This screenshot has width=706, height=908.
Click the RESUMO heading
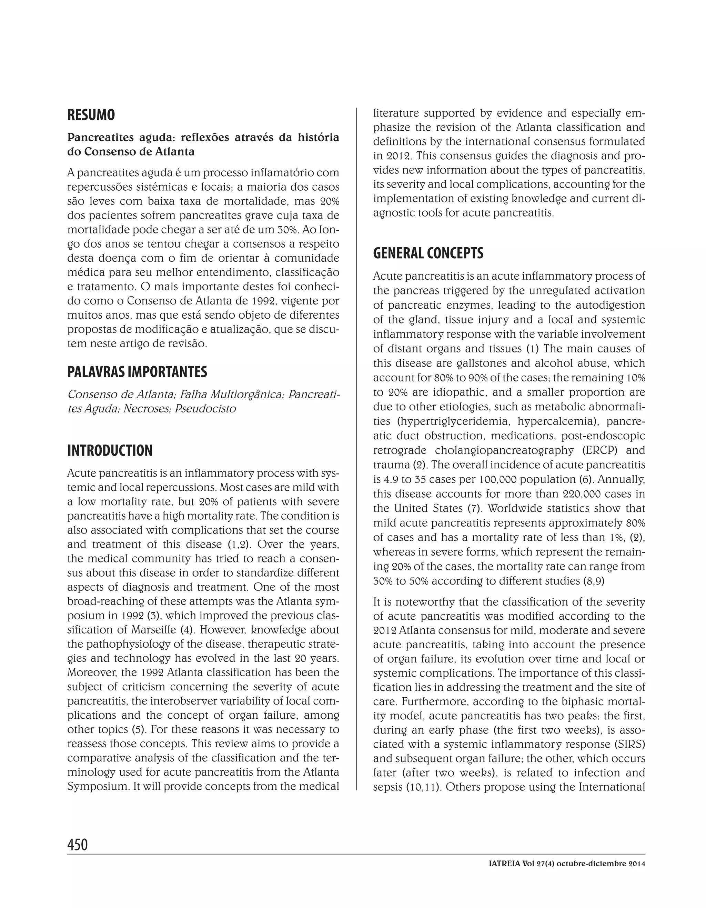pyautogui.click(x=91, y=115)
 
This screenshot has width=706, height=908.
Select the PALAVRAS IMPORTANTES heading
pyautogui.click(x=137, y=372)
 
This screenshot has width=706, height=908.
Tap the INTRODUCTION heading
pyautogui.click(x=110, y=450)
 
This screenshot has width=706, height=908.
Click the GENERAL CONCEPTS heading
pyautogui.click(x=428, y=253)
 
